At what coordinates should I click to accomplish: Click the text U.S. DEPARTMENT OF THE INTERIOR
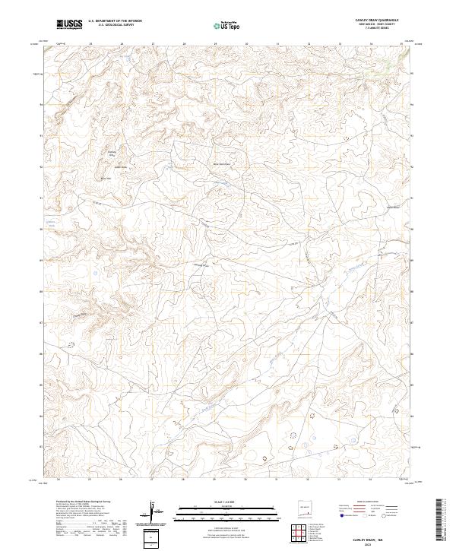(x=115, y=21)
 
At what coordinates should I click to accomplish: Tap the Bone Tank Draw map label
(x=220, y=163)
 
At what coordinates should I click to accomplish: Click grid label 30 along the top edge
(x=245, y=44)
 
